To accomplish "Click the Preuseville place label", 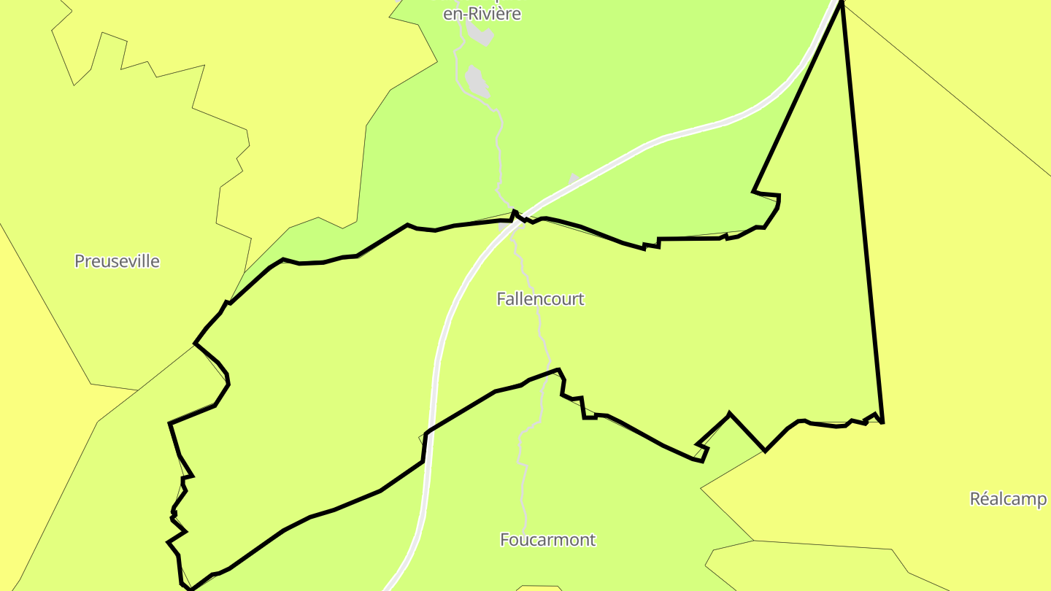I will pos(117,261).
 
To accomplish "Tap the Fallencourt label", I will pos(540,299).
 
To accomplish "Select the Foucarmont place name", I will pos(547,540).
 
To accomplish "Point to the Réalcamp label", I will pos(1008,499).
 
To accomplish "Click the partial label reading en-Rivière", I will pos(482,14).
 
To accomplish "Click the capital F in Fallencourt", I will pos(501,299).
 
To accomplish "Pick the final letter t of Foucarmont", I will pos(593,540).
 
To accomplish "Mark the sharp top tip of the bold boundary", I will pos(842,3).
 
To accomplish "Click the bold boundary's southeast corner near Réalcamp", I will pos(882,422).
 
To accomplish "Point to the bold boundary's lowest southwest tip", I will pos(190,588).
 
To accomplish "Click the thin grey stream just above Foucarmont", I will pos(523,482).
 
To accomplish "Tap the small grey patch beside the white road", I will pos(574,178).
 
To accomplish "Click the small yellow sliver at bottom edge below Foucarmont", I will pos(539,588).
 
